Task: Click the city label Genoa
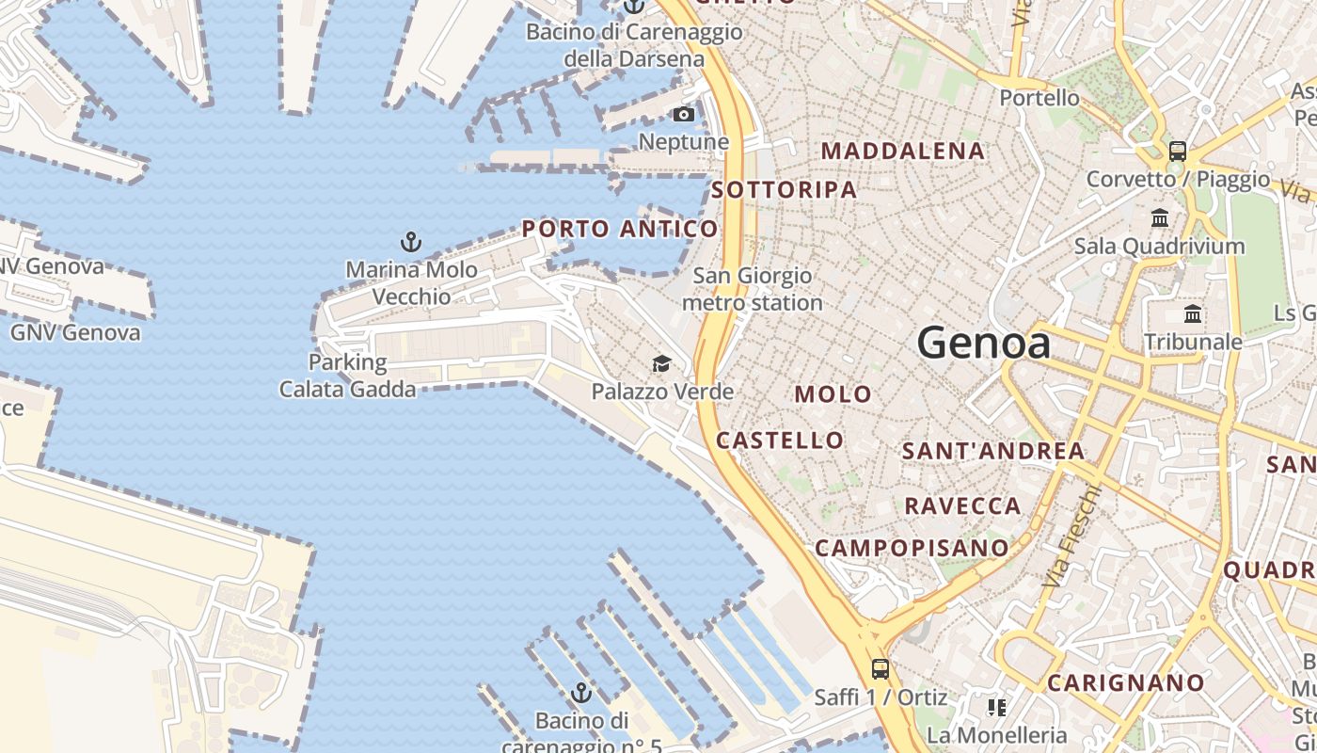pos(984,343)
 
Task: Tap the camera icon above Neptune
pos(684,115)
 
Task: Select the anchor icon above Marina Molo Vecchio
pos(411,242)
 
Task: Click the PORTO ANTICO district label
pos(620,229)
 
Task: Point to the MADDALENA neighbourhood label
pos(903,151)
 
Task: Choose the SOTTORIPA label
pos(784,190)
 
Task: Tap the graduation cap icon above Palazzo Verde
pos(662,363)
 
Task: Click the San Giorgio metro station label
pos(753,290)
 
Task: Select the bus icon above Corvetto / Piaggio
pos(1177,151)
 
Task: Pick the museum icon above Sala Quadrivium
pos(1160,218)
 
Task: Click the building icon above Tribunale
pos(1193,313)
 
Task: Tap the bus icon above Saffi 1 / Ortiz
pos(881,669)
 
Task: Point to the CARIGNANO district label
pos(1125,683)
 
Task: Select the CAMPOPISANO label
pos(912,548)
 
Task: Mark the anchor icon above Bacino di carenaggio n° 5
pos(582,693)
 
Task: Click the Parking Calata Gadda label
pos(347,376)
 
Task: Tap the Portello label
pos(1039,98)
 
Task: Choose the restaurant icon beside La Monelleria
pos(996,707)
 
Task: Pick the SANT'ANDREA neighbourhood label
pos(993,451)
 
